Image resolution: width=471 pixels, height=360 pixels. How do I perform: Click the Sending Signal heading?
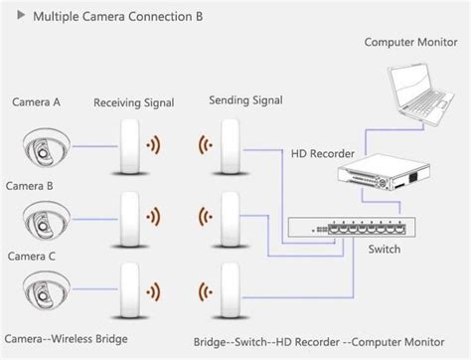[x=245, y=100]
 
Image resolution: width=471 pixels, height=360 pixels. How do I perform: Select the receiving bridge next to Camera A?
[x=129, y=146]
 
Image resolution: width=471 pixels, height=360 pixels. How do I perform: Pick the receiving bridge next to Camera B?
[x=129, y=220]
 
